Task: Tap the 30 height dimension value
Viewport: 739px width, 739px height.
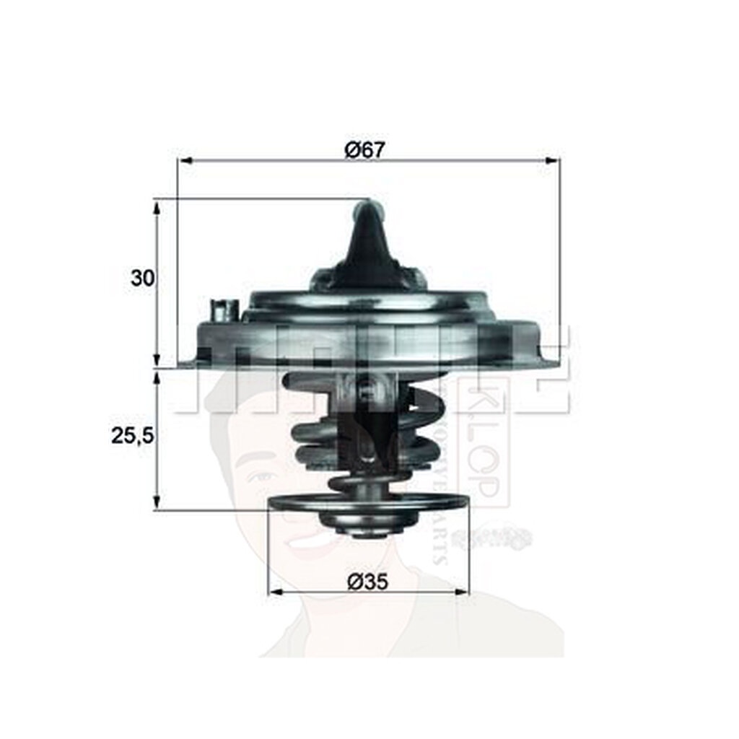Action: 143,278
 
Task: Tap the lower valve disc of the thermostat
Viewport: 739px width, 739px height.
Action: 368,502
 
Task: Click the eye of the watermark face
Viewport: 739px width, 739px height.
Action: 263,476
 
